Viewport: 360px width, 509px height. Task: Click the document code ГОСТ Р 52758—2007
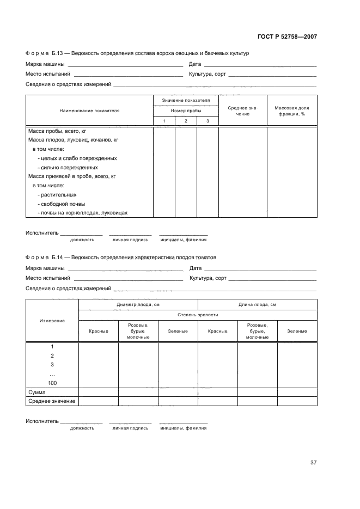pyautogui.click(x=286, y=37)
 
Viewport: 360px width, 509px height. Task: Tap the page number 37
pyautogui.click(x=313, y=463)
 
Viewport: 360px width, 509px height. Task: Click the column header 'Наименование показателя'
pyautogui.click(x=89, y=111)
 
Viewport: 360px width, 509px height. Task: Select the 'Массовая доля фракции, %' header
pyautogui.click(x=291, y=111)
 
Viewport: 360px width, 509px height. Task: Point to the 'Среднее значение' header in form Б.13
pyautogui.click(x=242, y=111)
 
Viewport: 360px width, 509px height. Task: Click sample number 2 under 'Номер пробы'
pyautogui.click(x=186, y=121)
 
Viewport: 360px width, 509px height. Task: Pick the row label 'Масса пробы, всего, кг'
pyautogui.click(x=57, y=131)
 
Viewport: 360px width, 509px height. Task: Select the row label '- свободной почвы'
pyautogui.click(x=62, y=204)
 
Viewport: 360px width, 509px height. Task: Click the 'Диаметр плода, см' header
pyautogui.click(x=138, y=304)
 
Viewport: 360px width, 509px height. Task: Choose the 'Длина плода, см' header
pyautogui.click(x=257, y=304)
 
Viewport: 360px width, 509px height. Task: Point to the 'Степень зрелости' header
pyautogui.click(x=198, y=315)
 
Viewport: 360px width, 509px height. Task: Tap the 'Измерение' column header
pyautogui.click(x=52, y=321)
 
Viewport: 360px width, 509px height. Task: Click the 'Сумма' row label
pyautogui.click(x=36, y=392)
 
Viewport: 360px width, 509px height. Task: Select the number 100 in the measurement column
pyautogui.click(x=52, y=383)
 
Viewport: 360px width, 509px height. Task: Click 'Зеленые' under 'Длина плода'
pyautogui.click(x=297, y=331)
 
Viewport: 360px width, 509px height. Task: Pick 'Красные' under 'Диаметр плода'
pyautogui.click(x=99, y=331)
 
